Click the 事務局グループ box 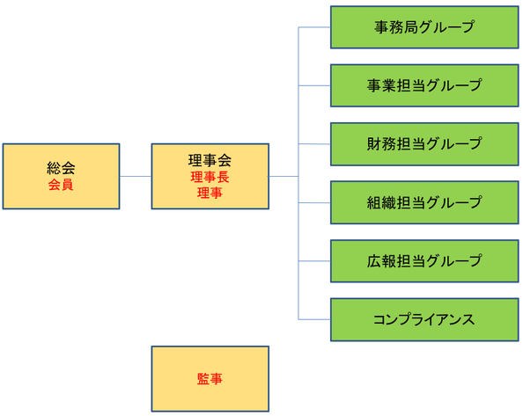pos(424,27)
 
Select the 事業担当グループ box pos(424,85)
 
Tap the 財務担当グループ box pos(424,144)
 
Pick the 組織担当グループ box pos(424,202)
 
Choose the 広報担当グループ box pos(424,261)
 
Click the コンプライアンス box pos(424,320)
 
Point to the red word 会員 pos(61,185)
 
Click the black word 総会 pos(61,168)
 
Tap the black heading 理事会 pos(210,160)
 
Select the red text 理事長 pos(210,177)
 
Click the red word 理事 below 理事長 pos(210,193)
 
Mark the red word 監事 pos(210,379)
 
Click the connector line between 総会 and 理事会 pos(136,176)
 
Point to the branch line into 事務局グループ pos(314,27)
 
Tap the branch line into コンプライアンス pos(314,320)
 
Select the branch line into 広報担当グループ pos(314,261)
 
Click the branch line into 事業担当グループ pos(314,85)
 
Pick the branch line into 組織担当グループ pos(314,202)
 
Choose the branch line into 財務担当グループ pos(314,144)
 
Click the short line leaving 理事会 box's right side pos(284,176)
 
